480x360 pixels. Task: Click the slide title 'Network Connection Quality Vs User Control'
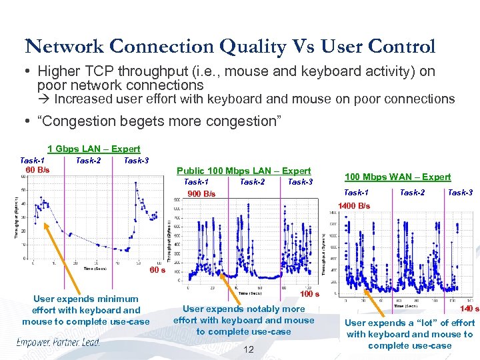pyautogui.click(x=230, y=46)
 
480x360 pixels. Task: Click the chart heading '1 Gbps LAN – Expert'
pyautogui.click(x=94, y=149)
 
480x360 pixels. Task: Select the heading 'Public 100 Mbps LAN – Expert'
pyautogui.click(x=243, y=171)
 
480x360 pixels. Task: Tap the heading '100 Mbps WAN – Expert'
pyautogui.click(x=397, y=177)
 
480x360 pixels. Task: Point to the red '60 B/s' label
pyautogui.click(x=37, y=170)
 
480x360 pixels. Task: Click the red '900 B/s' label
pyautogui.click(x=201, y=194)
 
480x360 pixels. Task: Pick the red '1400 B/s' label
pyautogui.click(x=355, y=206)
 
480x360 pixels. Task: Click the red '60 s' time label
pyautogui.click(x=157, y=271)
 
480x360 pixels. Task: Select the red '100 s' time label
pyautogui.click(x=309, y=293)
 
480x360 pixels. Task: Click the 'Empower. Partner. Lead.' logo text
pyautogui.click(x=58, y=343)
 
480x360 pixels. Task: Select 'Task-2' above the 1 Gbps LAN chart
pyautogui.click(x=89, y=160)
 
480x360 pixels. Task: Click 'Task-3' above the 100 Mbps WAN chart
pyautogui.click(x=460, y=193)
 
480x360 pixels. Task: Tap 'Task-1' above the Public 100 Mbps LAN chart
pyautogui.click(x=196, y=182)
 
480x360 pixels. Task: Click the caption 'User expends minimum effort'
pyautogui.click(x=86, y=310)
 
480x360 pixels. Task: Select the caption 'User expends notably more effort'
pyautogui.click(x=243, y=320)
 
